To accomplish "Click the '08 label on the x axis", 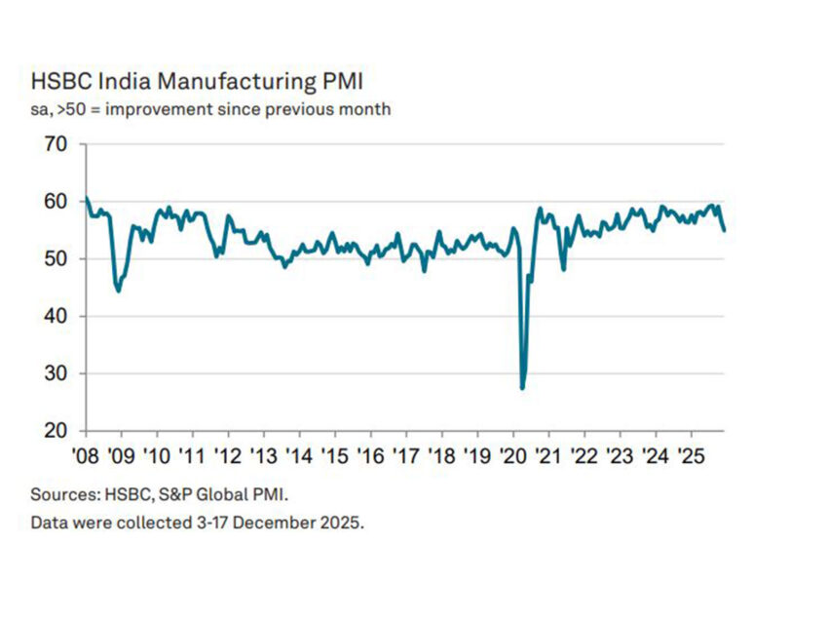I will (x=87, y=455).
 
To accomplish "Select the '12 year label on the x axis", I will (x=229, y=455).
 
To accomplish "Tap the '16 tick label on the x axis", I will (x=371, y=455).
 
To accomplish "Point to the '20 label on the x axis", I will (x=513, y=455).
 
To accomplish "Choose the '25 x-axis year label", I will (x=692, y=455).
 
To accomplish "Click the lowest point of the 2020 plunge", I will (x=523, y=388).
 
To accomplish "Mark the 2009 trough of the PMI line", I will (x=118, y=291).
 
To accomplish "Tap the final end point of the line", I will (x=724, y=230).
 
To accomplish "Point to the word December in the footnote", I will (x=278, y=523).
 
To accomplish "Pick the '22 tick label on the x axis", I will (x=584, y=455).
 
